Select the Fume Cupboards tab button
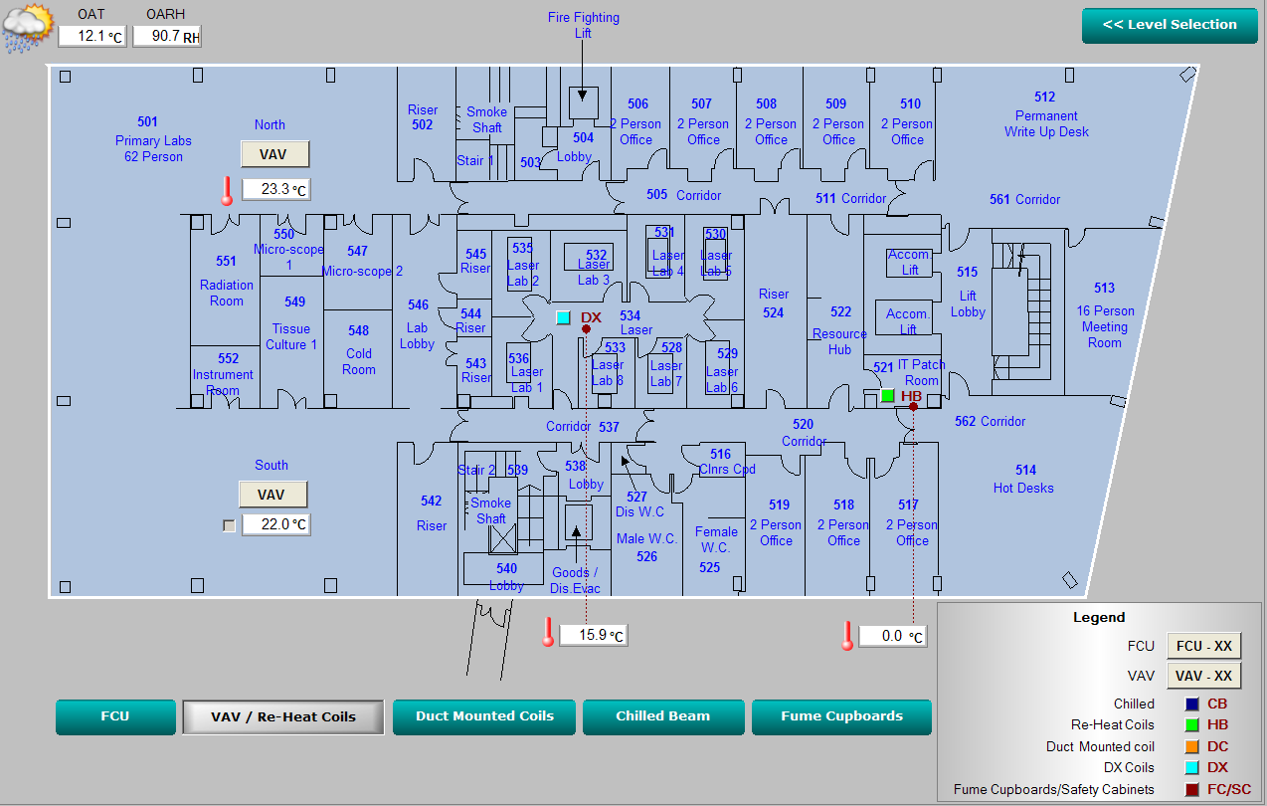[x=841, y=716]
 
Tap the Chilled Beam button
[x=662, y=716]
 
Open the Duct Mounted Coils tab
[x=484, y=716]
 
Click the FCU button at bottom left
[x=115, y=716]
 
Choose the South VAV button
[x=271, y=495]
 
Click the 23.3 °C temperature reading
[x=276, y=189]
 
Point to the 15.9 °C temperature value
[x=594, y=635]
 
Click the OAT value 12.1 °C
[x=91, y=36]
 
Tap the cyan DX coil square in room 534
[x=563, y=317]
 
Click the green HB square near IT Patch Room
[x=887, y=395]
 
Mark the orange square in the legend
[x=1191, y=746]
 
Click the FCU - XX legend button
[x=1203, y=646]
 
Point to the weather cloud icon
[x=27, y=28]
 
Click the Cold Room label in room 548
[x=359, y=361]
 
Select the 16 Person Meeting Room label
[x=1104, y=326]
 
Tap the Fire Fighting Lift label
[x=583, y=25]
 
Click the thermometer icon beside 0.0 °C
[x=847, y=635]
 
